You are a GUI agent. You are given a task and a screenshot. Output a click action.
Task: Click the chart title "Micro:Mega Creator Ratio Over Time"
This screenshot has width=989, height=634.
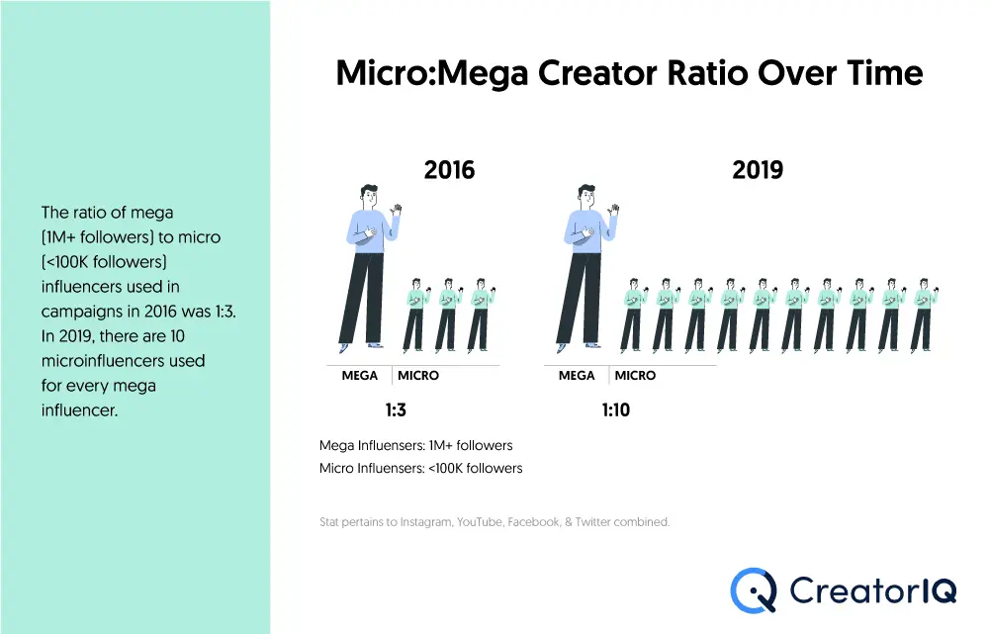629,74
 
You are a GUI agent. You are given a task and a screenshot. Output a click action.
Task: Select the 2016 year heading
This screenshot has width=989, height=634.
449,170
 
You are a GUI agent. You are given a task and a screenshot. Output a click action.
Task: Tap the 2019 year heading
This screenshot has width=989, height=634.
758,170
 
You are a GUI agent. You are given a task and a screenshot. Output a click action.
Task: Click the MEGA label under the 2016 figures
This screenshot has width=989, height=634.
360,376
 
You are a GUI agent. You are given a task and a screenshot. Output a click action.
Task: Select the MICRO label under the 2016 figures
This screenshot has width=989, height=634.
418,376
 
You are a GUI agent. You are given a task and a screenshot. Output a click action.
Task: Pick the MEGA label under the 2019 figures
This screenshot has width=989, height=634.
577,376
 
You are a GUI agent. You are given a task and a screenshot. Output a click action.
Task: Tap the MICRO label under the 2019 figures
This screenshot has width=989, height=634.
635,376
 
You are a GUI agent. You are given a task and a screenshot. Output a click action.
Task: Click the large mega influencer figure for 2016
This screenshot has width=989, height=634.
366,267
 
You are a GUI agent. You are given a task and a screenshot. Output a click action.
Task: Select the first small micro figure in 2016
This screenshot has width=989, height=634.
415,314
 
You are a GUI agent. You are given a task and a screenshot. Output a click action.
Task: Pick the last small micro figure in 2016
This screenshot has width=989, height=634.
480,314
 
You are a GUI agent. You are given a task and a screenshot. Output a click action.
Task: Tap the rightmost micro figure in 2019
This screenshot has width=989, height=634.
922,314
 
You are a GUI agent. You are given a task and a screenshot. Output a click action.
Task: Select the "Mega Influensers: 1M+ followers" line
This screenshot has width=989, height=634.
416,446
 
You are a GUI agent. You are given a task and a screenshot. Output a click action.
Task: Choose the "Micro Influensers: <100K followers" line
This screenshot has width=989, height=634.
421,468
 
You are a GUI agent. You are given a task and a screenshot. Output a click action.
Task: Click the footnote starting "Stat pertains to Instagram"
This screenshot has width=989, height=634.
494,521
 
